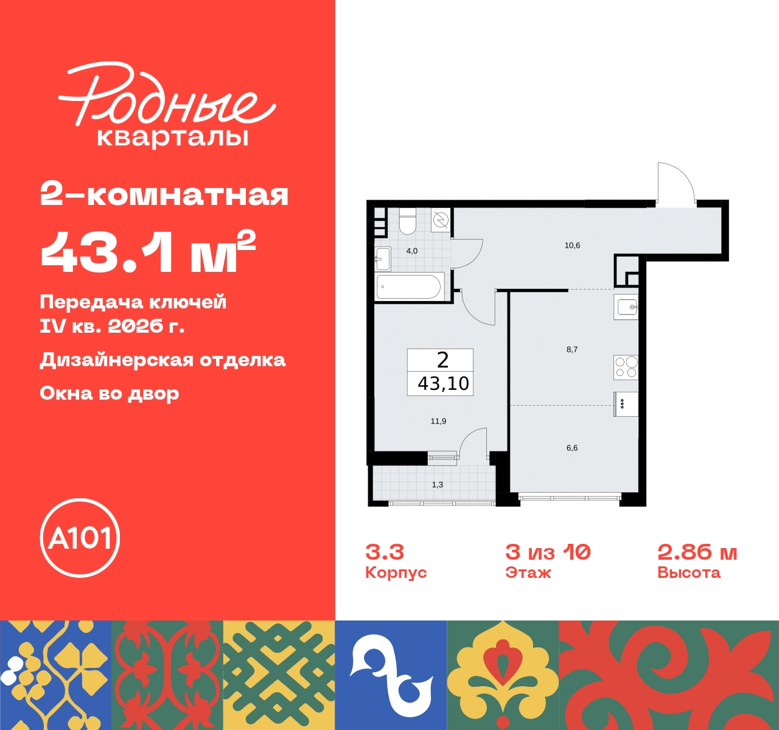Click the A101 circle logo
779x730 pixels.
[x=80, y=538]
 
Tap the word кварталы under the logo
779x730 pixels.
[x=173, y=137]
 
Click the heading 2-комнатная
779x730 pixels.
[x=164, y=195]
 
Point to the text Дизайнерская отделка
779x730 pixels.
[x=162, y=360]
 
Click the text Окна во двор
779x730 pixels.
[x=110, y=394]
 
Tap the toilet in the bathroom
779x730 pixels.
[x=407, y=222]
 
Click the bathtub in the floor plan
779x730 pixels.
[x=409, y=287]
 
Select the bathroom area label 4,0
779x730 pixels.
[x=412, y=251]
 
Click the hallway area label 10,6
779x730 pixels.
[x=572, y=246]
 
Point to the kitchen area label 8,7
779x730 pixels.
[x=572, y=350]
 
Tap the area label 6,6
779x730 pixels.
[x=572, y=448]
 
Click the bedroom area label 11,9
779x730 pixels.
[x=438, y=421]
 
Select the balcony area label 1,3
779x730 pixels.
[x=438, y=485]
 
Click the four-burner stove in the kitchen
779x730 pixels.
[x=626, y=367]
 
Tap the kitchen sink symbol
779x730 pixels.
[x=626, y=307]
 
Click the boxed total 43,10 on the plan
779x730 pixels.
[x=443, y=384]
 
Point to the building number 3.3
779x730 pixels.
[x=385, y=552]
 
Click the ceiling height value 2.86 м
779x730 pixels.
[x=697, y=552]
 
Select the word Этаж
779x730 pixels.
[x=528, y=573]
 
